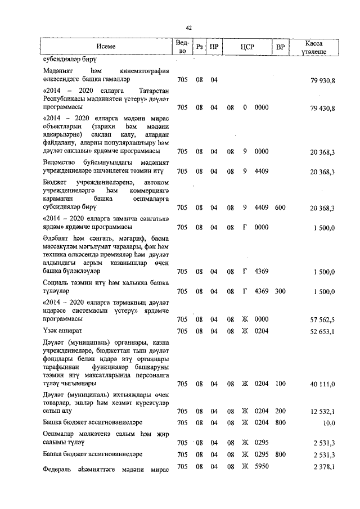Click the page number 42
(x=189, y=28)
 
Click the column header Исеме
(x=106, y=47)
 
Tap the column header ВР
(x=280, y=47)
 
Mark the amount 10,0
(x=328, y=422)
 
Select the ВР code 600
(x=280, y=208)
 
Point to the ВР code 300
(x=280, y=291)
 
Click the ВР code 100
(x=280, y=384)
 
